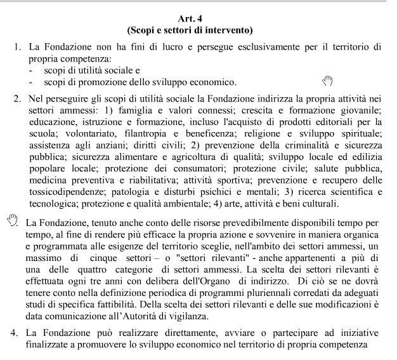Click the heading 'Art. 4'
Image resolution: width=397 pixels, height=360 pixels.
click(198, 18)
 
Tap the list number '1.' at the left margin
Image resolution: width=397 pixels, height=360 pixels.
click(18, 48)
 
